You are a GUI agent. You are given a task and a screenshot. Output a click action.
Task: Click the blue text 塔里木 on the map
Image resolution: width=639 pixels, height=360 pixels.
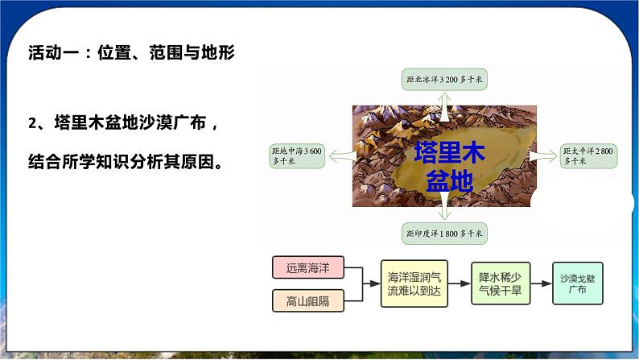(449, 153)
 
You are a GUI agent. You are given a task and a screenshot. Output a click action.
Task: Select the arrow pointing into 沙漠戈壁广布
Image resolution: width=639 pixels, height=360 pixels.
(542, 283)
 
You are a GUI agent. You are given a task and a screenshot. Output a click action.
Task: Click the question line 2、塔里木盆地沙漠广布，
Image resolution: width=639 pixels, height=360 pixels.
(122, 122)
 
